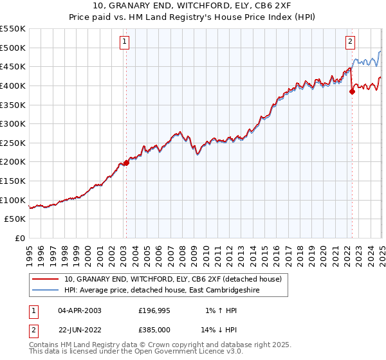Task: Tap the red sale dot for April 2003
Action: tap(126, 163)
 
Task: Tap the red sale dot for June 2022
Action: tap(352, 91)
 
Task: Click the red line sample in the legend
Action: tap(45, 280)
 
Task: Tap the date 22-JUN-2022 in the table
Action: tap(80, 330)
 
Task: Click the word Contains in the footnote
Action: tap(44, 345)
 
